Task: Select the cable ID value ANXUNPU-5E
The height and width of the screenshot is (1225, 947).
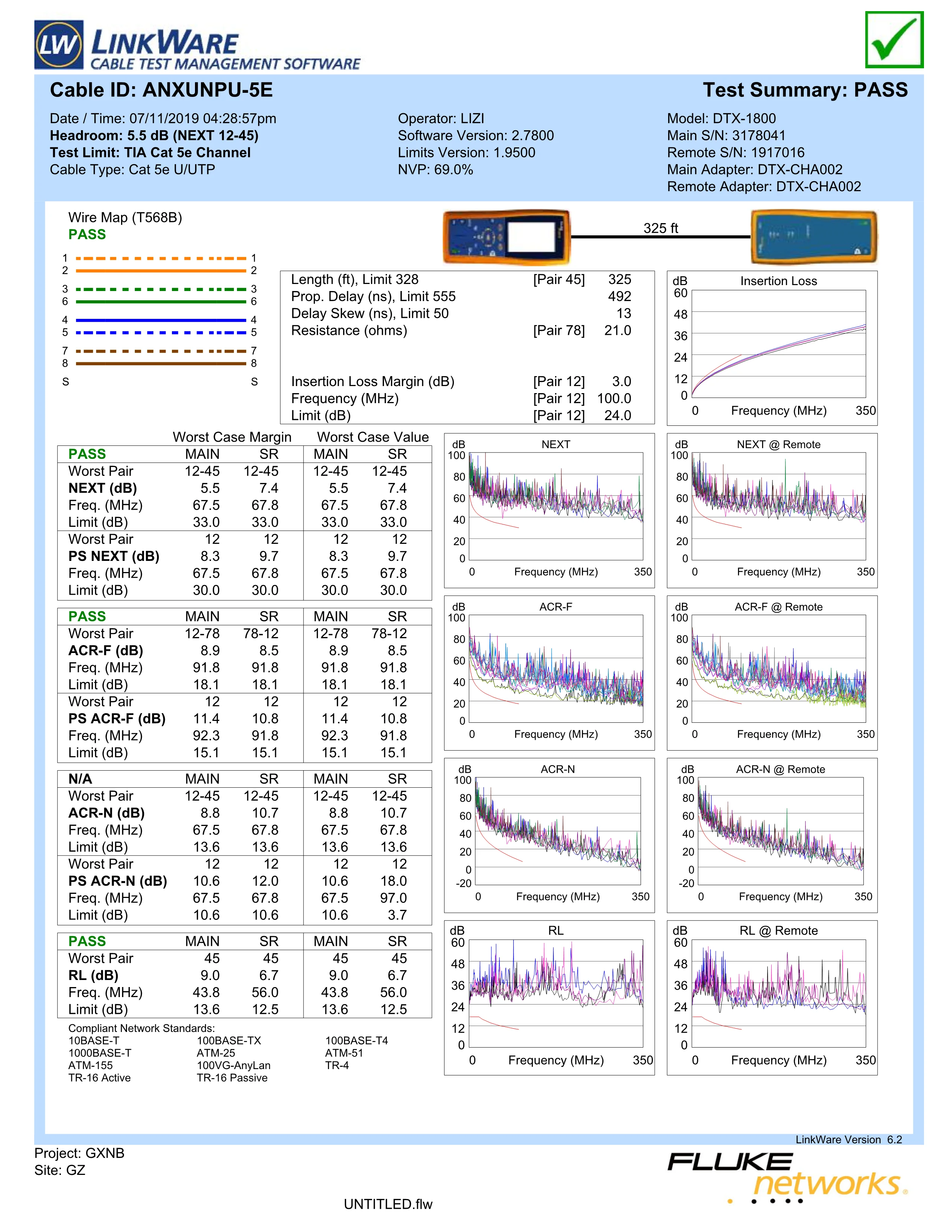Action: [x=208, y=90]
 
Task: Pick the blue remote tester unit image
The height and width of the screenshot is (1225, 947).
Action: [x=813, y=237]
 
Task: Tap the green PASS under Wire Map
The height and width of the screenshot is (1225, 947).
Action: [x=87, y=235]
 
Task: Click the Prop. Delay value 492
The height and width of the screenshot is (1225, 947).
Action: [x=619, y=297]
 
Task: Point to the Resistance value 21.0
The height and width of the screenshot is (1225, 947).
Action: [x=617, y=330]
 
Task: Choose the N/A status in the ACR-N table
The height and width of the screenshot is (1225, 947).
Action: [x=80, y=778]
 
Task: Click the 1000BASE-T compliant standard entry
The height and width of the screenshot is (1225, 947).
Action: [x=100, y=1053]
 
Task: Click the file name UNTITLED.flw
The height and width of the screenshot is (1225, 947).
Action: [x=388, y=1204]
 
